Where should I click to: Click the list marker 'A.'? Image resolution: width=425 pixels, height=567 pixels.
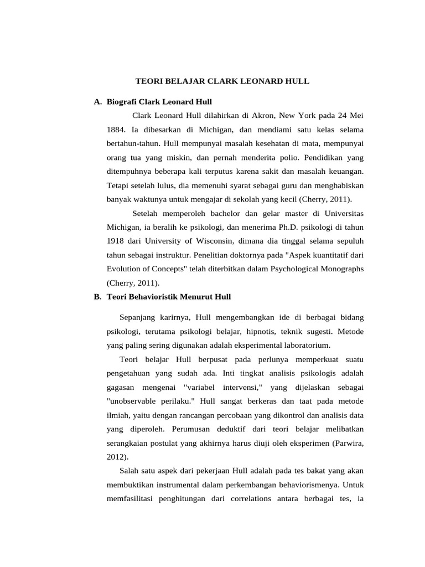[x=98, y=102]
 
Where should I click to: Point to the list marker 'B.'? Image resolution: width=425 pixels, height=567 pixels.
[x=98, y=297]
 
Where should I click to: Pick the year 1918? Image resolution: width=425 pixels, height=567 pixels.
[x=116, y=241]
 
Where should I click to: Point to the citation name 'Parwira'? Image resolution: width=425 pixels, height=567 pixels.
[x=347, y=443]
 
